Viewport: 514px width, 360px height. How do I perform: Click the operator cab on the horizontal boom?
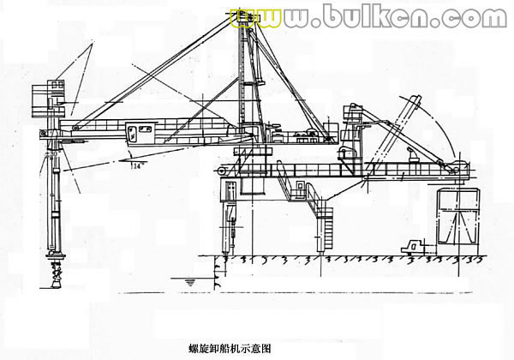click(x=137, y=133)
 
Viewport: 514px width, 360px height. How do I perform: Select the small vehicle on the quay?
click(x=418, y=245)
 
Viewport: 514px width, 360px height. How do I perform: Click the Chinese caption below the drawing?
click(x=230, y=349)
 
